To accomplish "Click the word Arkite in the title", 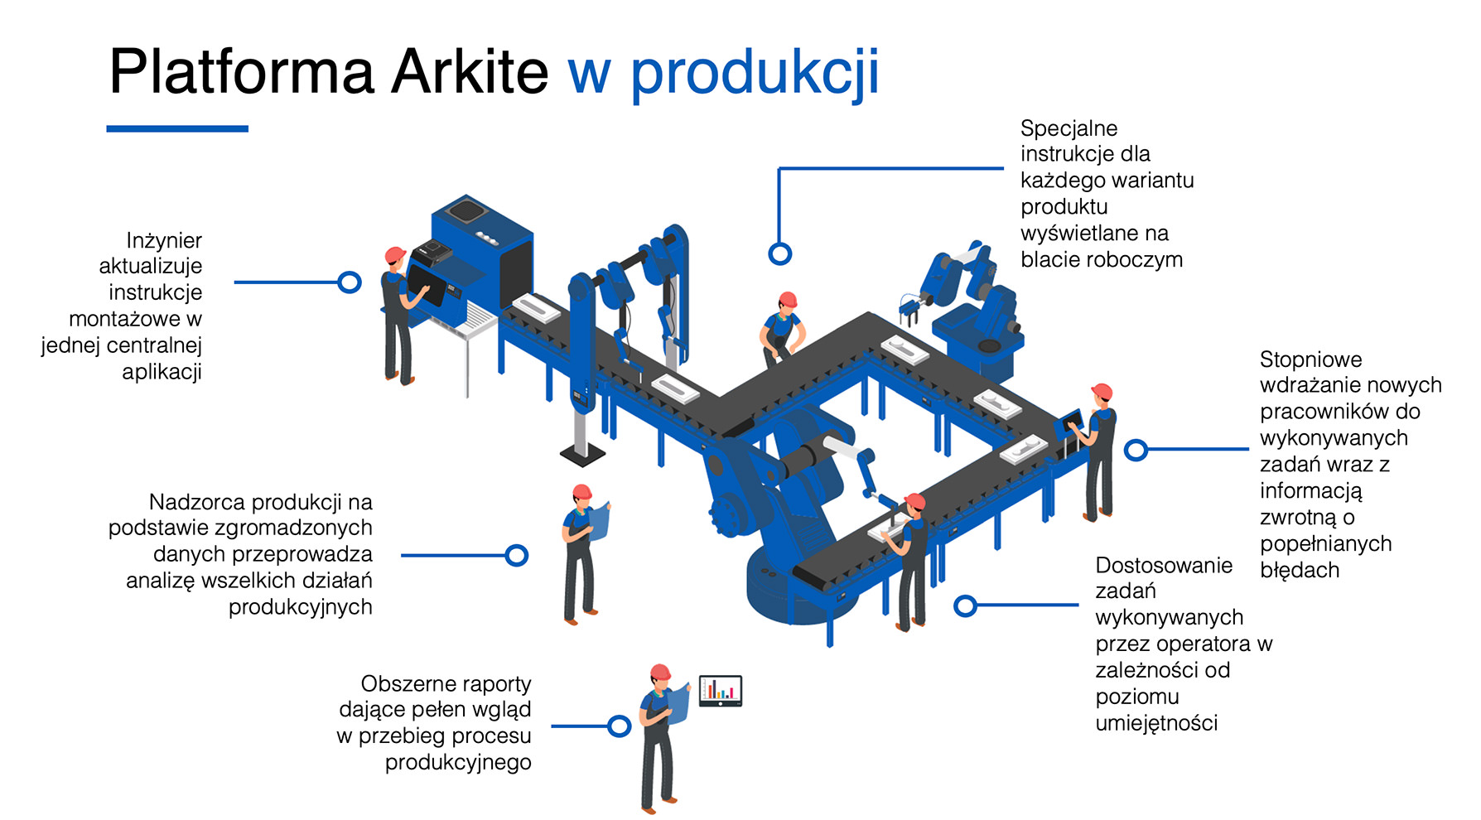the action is [470, 71].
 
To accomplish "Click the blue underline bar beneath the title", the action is [177, 128].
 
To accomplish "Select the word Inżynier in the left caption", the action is [164, 240].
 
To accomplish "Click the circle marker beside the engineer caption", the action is [350, 282].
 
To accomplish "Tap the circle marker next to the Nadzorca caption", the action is [517, 555].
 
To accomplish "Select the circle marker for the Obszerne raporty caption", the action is [620, 726].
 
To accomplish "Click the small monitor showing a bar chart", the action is [721, 690].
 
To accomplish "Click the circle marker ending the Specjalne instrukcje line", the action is [779, 253].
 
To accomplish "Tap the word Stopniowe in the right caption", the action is [1310, 359].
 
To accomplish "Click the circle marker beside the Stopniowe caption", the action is [1136, 450].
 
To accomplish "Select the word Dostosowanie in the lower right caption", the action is [1164, 565].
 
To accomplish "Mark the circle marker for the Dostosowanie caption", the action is [965, 605].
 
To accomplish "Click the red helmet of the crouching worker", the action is [788, 299].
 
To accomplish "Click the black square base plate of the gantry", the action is [582, 453].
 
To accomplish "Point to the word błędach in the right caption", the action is [1300, 571].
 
